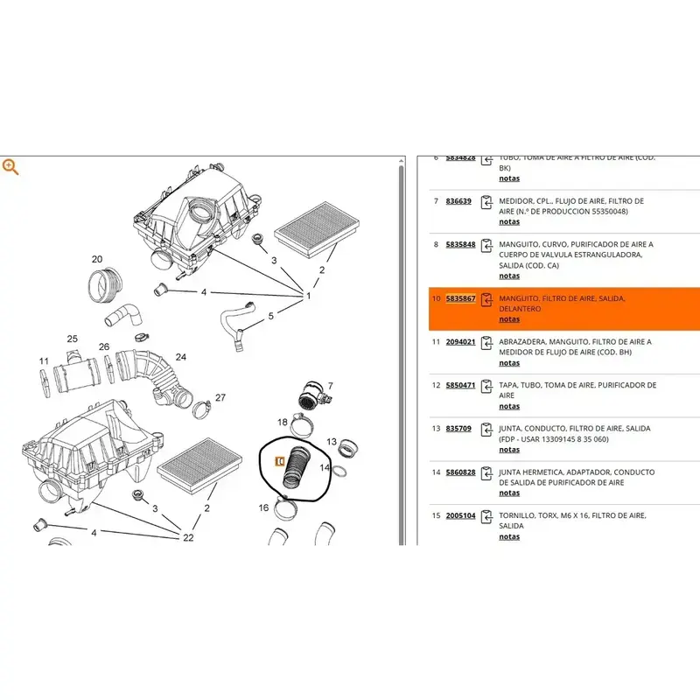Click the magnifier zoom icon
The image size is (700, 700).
click(x=10, y=166)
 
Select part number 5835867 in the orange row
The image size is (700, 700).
click(x=461, y=298)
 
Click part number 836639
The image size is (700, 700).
click(x=458, y=201)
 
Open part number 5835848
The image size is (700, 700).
click(x=461, y=244)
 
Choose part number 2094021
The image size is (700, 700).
click(x=461, y=342)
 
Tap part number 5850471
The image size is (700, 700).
click(x=461, y=385)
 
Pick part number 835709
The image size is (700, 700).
click(x=458, y=429)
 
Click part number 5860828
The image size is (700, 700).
click(x=461, y=472)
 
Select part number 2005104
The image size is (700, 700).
click(x=461, y=515)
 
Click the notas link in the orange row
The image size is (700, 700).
click(x=509, y=319)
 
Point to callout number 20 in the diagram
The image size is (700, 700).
click(x=97, y=259)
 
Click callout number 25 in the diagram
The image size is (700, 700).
click(x=73, y=339)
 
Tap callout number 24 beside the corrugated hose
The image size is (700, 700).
click(x=181, y=357)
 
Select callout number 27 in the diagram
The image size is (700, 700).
click(x=220, y=397)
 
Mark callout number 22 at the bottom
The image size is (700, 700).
click(x=187, y=537)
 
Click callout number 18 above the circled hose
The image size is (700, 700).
click(x=283, y=422)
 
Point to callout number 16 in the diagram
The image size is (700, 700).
click(x=263, y=507)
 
